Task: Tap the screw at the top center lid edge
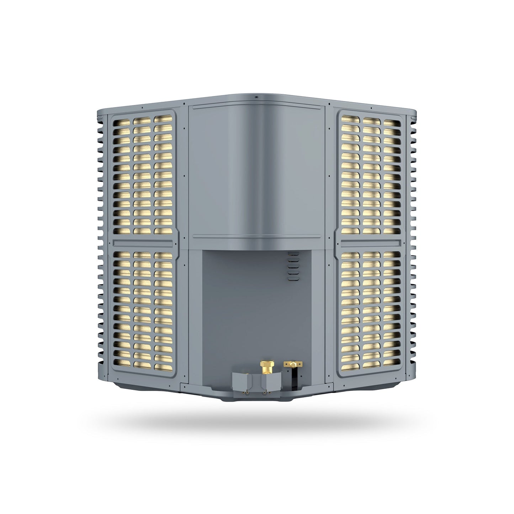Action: (256, 96)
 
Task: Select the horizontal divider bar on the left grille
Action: (142, 243)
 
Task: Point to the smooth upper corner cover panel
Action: (256, 171)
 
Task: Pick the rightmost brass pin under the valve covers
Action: (270, 393)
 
